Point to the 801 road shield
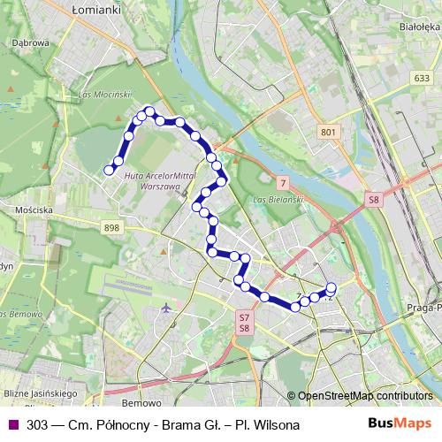pyautogui.click(x=329, y=132)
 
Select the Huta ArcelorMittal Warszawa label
pyautogui.click(x=165, y=181)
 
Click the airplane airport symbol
pyautogui.click(x=167, y=308)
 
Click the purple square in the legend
pyautogui.click(x=11, y=425)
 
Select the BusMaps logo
pyautogui.click(x=400, y=424)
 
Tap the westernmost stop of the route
pyautogui.click(x=110, y=170)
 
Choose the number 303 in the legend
pyautogui.click(x=37, y=425)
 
